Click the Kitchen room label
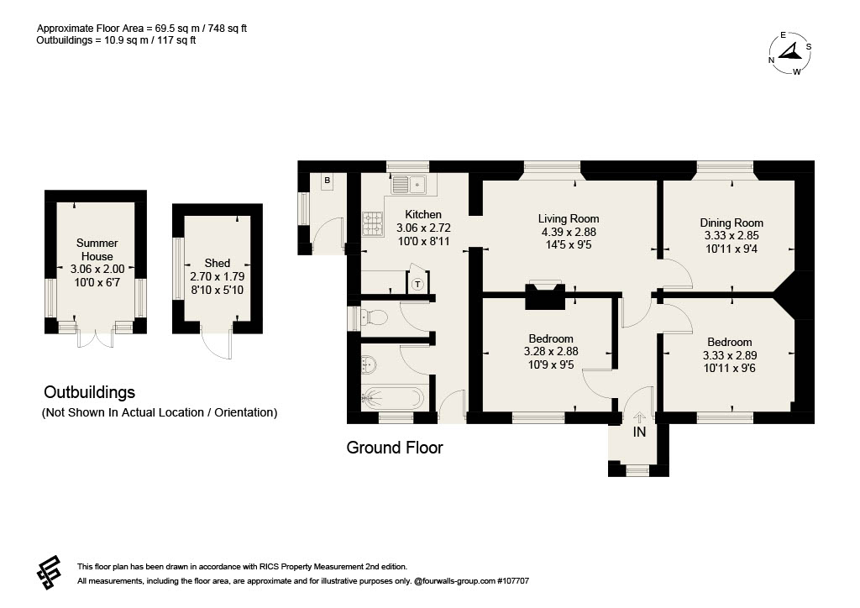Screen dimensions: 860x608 click(423, 214)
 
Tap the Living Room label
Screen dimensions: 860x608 click(569, 218)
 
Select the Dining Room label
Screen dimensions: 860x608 click(732, 223)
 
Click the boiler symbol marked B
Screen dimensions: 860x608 click(328, 181)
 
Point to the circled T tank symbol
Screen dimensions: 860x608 click(418, 284)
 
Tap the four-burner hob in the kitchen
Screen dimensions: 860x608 click(372, 224)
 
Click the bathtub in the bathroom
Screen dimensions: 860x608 click(393, 398)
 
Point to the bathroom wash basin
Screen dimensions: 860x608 click(369, 363)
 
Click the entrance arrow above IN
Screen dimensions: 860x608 click(639, 418)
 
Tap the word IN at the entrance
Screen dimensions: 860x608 click(639, 432)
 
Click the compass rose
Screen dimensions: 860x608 click(789, 53)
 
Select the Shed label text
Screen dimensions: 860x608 click(218, 263)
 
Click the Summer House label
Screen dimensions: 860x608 click(97, 249)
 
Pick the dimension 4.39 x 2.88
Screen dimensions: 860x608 click(569, 232)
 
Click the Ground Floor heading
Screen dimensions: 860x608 click(395, 448)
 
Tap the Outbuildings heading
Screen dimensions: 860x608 click(89, 392)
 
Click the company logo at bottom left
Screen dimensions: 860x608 click(49, 573)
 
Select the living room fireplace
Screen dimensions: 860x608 click(544, 296)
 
